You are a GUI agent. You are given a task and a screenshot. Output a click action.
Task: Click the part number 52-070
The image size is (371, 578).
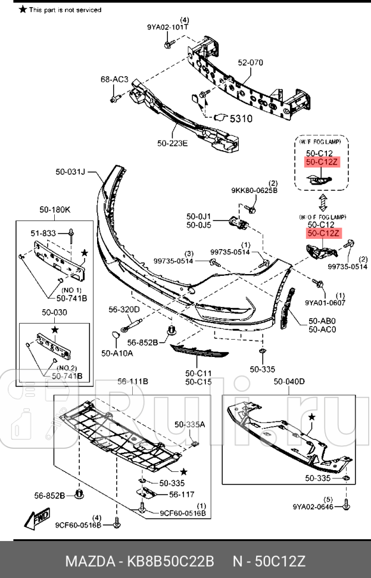[x=250, y=63]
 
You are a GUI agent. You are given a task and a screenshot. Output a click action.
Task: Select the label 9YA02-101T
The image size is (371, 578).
[x=169, y=27]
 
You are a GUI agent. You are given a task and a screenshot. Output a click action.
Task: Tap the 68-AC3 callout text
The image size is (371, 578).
[x=114, y=79]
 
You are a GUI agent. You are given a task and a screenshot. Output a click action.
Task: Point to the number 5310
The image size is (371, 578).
[x=241, y=119]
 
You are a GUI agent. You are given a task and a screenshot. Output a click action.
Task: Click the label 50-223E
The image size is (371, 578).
[x=172, y=143]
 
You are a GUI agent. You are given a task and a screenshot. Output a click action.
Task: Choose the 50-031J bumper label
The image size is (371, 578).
[x=71, y=172]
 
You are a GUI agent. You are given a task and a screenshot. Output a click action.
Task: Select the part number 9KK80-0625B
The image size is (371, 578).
[x=255, y=191]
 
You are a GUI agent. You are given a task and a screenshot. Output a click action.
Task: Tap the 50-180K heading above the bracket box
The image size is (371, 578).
[x=55, y=210]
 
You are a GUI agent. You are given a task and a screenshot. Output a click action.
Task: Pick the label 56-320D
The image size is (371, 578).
[x=124, y=309]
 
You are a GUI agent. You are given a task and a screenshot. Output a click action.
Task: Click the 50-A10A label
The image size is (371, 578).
[x=117, y=353]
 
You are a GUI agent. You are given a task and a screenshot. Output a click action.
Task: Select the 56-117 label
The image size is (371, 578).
[x=182, y=494]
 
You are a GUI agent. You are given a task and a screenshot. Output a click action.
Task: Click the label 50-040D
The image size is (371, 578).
[x=289, y=381]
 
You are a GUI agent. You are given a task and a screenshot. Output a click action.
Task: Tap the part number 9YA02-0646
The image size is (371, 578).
[x=312, y=507]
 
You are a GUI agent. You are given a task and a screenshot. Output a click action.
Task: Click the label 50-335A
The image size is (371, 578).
[x=189, y=425]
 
